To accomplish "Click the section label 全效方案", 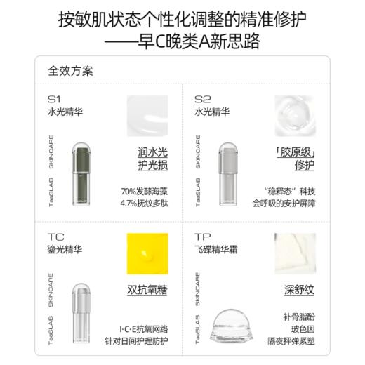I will point(70,72).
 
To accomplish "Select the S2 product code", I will point(202,98).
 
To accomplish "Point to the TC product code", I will point(55,237).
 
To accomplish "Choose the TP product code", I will point(202,237).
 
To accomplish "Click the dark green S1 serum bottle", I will point(82,175).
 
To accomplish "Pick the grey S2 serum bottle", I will point(229,175).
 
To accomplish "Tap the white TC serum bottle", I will point(82,312).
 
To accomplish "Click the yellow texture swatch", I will point(147,254).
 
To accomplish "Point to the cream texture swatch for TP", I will point(295,254).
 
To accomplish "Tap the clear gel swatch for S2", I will point(295,117).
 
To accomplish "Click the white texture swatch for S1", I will point(147,117).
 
